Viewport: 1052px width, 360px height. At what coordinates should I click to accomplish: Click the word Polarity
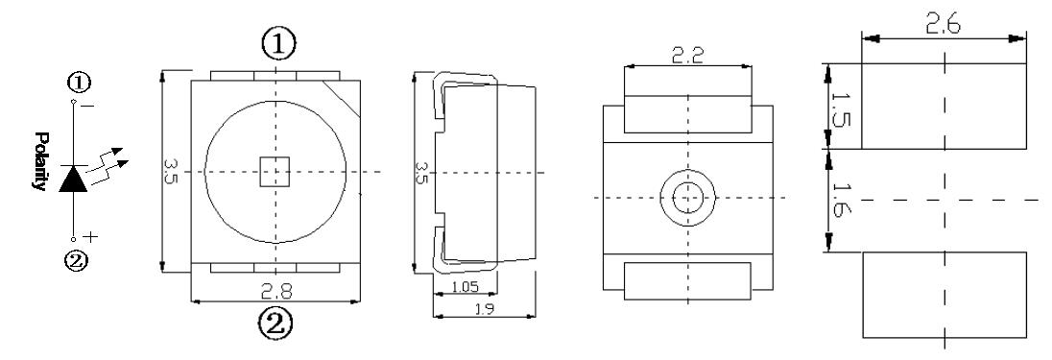click(x=41, y=161)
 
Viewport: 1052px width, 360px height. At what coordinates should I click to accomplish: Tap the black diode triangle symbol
click(x=73, y=178)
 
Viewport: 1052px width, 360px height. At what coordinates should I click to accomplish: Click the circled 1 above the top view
click(x=277, y=43)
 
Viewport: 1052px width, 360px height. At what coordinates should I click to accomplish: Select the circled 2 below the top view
click(x=275, y=325)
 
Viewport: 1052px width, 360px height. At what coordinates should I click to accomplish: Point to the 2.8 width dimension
click(x=275, y=290)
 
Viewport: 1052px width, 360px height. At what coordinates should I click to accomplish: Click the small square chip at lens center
click(x=275, y=171)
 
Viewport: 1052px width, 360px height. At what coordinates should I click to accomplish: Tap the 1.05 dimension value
click(x=465, y=287)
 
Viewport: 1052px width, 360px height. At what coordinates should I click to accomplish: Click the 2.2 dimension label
click(x=687, y=55)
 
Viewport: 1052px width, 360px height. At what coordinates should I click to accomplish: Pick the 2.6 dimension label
click(x=944, y=25)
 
